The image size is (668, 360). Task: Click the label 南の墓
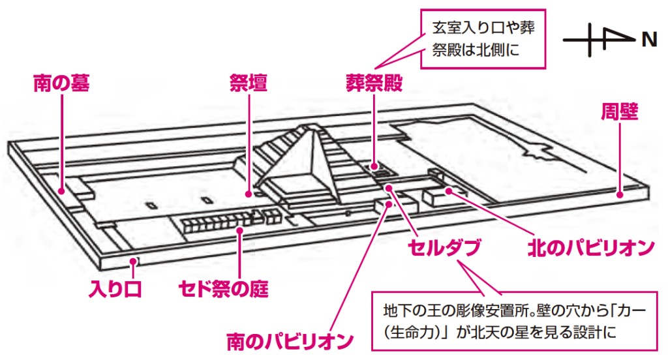(x=61, y=83)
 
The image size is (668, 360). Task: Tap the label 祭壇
(x=249, y=83)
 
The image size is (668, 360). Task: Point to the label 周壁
(x=619, y=112)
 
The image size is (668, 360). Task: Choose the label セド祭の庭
(x=224, y=288)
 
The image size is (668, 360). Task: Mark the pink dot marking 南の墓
(x=61, y=191)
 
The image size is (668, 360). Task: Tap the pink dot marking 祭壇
(x=249, y=194)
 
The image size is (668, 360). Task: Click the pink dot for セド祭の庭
(x=241, y=229)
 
